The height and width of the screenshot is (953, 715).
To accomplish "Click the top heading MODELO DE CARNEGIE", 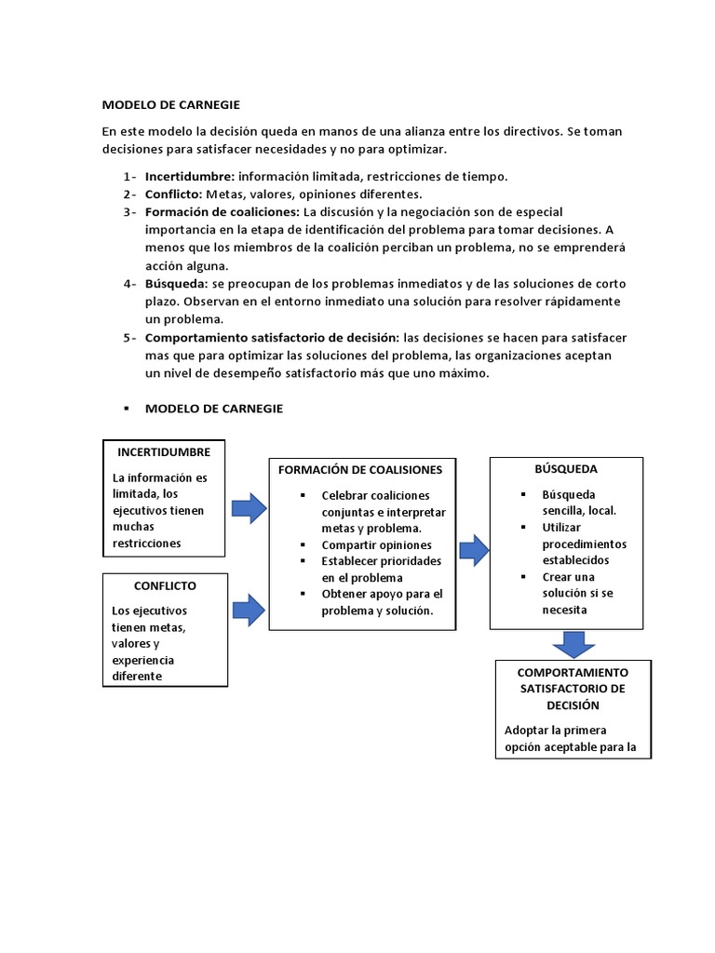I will (170, 105).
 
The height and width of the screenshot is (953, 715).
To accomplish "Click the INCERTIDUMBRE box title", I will (164, 452).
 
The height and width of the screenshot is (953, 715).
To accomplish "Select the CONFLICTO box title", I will (165, 586).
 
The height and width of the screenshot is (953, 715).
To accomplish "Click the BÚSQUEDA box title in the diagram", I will (566, 469).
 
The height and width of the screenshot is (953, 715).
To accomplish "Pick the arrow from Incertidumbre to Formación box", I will (249, 509).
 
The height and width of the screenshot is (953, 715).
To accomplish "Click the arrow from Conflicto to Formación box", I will (249, 611).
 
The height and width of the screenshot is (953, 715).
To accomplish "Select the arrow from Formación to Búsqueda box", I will (474, 550).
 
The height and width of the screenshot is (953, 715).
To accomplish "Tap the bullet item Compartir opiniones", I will (376, 545).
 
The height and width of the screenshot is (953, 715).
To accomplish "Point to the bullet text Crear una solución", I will (568, 585).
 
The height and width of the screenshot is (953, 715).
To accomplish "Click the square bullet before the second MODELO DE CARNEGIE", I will (125, 409).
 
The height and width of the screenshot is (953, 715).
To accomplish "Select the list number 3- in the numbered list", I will (129, 212).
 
